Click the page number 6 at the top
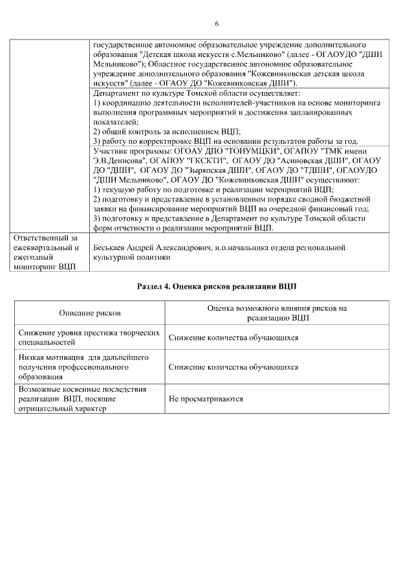click(217, 24)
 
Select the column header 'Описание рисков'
click(90, 313)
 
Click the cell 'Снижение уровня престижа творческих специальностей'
click(89, 337)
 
